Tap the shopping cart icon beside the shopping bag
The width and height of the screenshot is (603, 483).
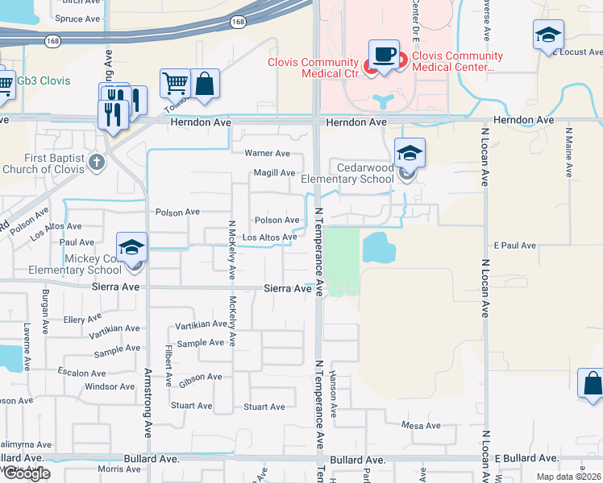[x=174, y=83]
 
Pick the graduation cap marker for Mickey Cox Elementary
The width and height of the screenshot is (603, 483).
[x=131, y=247]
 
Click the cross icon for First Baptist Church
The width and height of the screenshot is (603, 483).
[x=96, y=162]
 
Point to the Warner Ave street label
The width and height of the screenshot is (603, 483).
[x=267, y=153]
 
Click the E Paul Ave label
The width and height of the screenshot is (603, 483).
[x=514, y=245]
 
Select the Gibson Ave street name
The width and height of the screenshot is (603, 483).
[x=200, y=377]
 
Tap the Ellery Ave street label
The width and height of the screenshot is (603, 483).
[x=83, y=320]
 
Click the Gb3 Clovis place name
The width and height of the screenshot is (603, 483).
[x=44, y=81]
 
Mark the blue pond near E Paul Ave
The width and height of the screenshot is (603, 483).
[x=378, y=248]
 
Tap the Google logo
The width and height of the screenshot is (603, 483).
[x=26, y=473]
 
